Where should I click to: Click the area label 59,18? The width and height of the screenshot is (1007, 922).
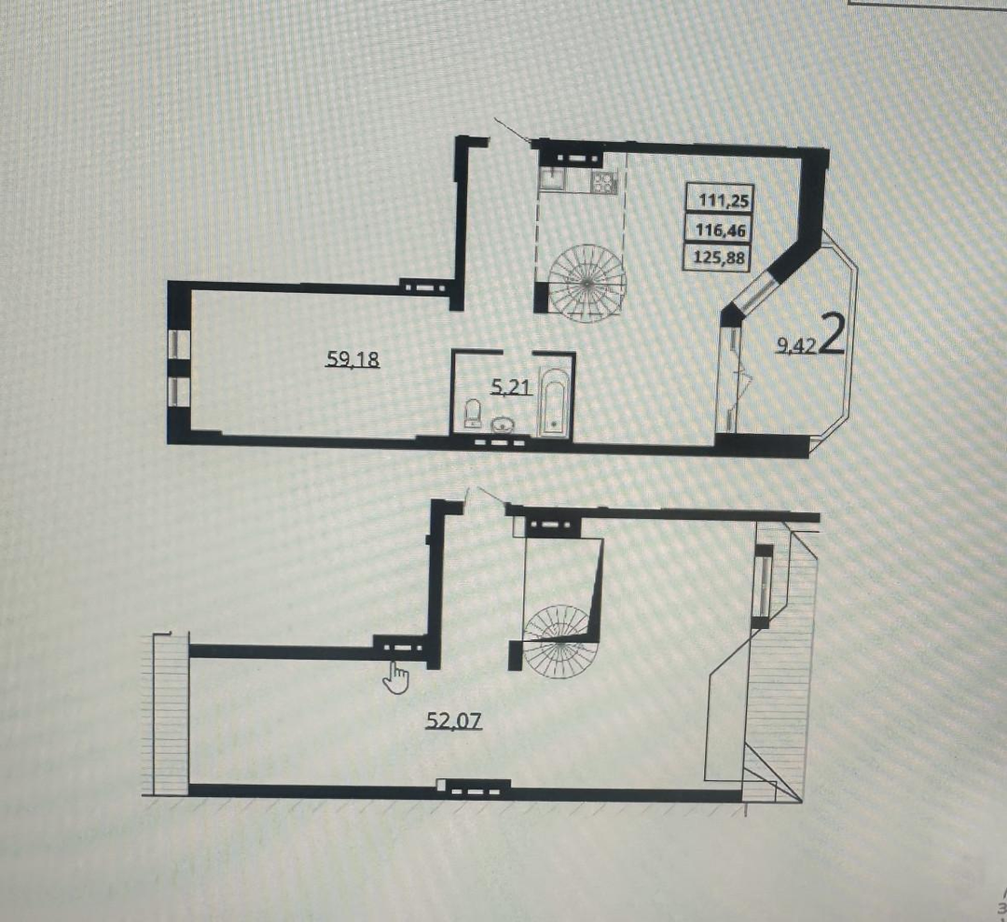point(353,358)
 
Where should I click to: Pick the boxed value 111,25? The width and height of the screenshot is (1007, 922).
point(724,200)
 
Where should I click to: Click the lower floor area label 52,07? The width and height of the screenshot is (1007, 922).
point(454,721)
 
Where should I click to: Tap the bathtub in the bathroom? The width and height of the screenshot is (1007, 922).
point(554,402)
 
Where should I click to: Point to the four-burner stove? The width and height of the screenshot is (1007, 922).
point(603,180)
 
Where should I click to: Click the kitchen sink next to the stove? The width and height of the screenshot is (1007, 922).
point(552,178)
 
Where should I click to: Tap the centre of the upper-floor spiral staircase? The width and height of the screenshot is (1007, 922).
point(586,283)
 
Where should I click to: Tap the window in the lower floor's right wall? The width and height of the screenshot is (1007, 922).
point(762,585)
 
